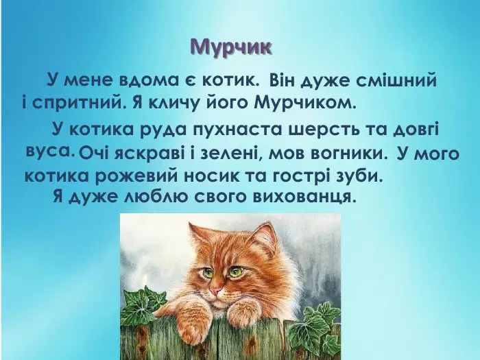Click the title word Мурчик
pyautogui.click(x=231, y=47)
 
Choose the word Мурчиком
pyautogui.click(x=306, y=104)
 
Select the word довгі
pyautogui.click(x=416, y=129)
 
